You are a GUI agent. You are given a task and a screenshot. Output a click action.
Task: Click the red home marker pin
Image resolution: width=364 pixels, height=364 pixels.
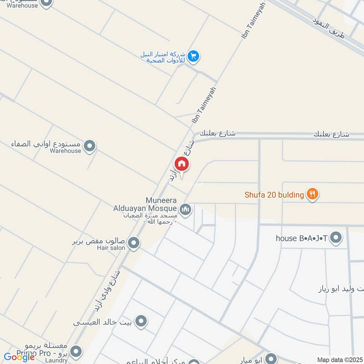point(181,164)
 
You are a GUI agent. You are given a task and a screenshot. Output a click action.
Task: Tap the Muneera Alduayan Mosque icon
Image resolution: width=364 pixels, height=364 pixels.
point(185,210)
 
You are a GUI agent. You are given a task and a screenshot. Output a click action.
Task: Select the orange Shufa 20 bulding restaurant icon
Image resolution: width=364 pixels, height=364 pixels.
point(312,194)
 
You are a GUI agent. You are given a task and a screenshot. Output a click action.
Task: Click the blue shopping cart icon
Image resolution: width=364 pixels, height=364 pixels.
point(194,56)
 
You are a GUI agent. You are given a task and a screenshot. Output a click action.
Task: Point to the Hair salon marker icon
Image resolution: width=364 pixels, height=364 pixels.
point(133,243)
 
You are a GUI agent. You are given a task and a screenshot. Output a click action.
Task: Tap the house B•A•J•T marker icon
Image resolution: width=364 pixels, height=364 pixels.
point(336,238)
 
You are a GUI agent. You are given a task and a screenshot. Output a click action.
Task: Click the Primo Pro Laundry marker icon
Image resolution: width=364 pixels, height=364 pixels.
point(76,352)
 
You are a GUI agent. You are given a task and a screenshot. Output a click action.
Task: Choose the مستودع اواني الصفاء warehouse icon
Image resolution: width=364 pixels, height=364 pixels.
point(90,146)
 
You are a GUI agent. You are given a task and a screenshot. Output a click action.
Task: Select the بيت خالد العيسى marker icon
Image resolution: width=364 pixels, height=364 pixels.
point(142,321)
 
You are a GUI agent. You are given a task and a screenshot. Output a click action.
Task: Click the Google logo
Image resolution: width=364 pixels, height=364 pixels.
point(20,357)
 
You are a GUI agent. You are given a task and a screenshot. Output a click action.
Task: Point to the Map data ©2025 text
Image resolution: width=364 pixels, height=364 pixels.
point(339,360)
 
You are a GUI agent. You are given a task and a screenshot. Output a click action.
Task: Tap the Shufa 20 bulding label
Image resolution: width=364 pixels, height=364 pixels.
point(274,195)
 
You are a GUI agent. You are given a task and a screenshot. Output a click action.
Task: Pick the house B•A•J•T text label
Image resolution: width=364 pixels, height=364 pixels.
point(302,238)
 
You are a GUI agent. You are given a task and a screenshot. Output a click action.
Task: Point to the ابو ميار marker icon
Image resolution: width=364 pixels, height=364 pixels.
point(272,358)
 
